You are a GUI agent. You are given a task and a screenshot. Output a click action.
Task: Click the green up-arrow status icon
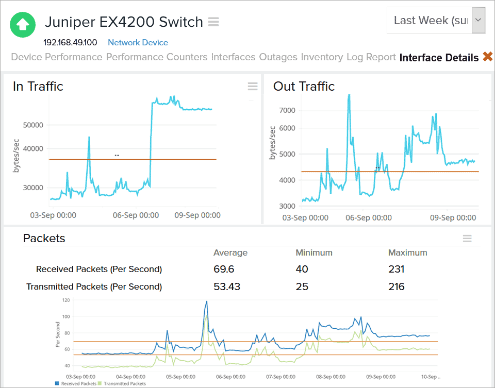23,24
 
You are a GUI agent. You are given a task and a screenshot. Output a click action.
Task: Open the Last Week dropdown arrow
478,20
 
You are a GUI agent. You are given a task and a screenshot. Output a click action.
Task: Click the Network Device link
138,43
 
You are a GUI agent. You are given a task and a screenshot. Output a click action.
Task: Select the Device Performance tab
57,57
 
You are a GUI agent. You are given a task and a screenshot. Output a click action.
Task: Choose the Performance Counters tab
157,57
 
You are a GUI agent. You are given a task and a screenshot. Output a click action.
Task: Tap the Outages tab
278,57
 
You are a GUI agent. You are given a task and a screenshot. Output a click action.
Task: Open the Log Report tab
371,57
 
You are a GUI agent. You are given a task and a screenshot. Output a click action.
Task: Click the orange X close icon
488,57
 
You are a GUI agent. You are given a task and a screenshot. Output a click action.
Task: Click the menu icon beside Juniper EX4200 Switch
213,22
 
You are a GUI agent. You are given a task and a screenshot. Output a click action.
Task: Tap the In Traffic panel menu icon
253,87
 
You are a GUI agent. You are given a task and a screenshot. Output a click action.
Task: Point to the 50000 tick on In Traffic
33,125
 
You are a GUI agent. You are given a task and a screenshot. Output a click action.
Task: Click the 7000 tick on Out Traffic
287,110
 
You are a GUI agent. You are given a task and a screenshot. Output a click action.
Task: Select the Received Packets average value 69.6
224,269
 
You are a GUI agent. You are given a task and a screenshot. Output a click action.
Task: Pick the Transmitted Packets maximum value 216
397,286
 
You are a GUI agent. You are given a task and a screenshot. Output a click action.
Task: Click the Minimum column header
314,252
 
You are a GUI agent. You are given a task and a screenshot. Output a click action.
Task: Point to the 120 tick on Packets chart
66,300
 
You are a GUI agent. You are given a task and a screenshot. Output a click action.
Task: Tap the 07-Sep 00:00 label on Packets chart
280,377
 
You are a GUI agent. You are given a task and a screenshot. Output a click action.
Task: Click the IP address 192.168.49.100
70,43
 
